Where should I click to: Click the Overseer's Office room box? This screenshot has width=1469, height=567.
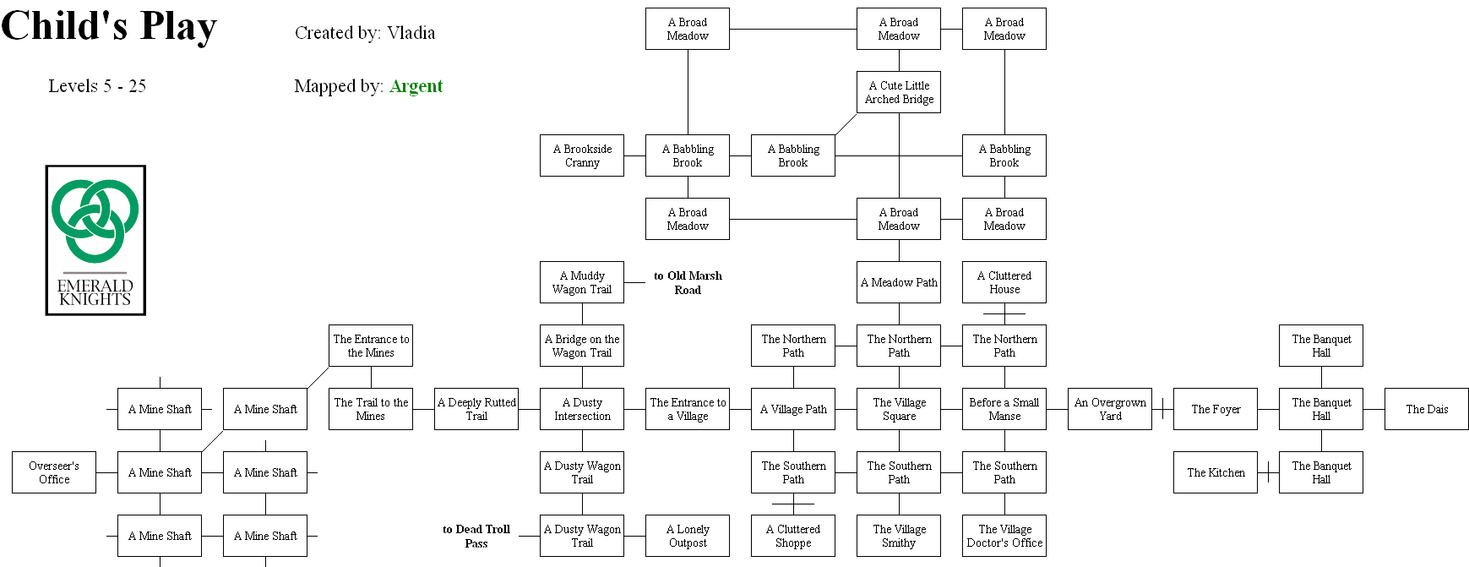coord(54,472)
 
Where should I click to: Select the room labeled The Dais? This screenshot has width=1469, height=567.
coord(1427,409)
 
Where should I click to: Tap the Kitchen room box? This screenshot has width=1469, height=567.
coord(1216,472)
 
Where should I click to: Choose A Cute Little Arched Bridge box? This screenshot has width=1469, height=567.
coord(899,92)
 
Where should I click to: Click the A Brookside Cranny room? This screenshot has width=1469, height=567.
coord(582,155)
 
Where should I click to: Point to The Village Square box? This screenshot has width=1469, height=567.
coord(899,409)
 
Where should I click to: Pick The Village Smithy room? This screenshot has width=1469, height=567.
coord(899,536)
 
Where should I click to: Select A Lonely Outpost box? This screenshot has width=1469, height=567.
coord(688,536)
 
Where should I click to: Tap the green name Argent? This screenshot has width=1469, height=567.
coord(416,86)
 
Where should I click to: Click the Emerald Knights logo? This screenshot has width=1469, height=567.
coord(95,240)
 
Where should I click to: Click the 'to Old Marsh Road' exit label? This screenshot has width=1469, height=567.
coord(688,282)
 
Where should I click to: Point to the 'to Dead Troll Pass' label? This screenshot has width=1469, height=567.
coord(476,536)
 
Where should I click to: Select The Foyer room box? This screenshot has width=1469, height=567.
coord(1216,409)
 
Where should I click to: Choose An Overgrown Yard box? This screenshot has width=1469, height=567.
coord(1110,409)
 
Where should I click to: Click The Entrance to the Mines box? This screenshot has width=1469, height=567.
coord(371,346)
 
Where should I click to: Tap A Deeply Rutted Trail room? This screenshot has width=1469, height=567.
coord(476,409)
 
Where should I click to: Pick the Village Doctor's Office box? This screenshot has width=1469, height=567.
coord(1004,536)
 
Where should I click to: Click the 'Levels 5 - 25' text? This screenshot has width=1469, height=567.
coord(97,86)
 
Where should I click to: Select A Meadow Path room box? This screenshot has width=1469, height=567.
coord(899,282)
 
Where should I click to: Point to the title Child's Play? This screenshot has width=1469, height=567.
coord(109,26)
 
